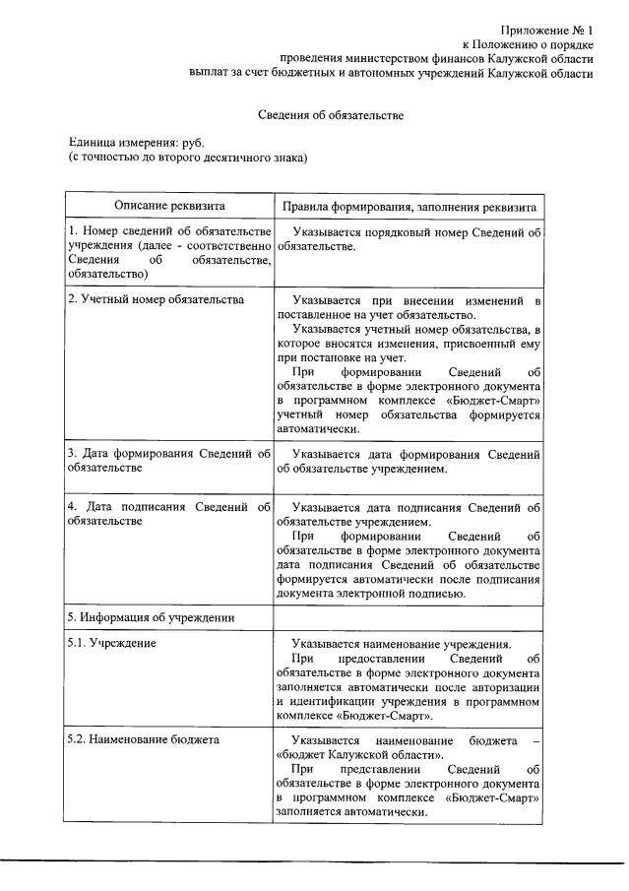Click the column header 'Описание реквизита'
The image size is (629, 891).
[168, 207]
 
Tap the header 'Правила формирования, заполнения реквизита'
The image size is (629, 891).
[409, 208]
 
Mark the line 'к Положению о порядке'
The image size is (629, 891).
[528, 45]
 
